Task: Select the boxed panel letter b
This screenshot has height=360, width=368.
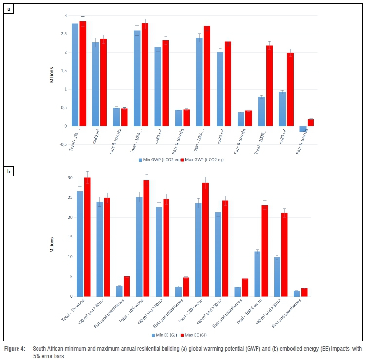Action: (x=6, y=172)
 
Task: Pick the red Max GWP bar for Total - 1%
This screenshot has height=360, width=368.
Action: (x=83, y=74)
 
